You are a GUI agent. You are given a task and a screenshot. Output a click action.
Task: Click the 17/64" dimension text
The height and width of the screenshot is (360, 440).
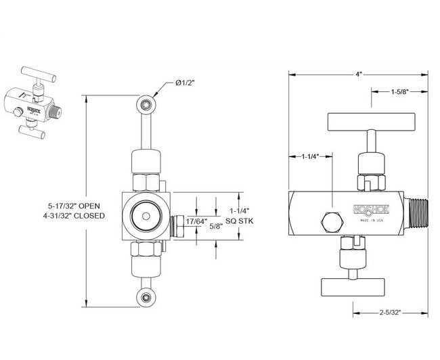click(196, 221)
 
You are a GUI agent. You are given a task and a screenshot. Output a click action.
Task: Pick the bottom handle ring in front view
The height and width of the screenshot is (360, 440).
click(145, 297)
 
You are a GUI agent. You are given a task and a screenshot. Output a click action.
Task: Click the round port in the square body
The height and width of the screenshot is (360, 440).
click(144, 214)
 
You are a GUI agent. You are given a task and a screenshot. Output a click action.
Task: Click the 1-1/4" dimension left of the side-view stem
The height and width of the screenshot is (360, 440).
click(311, 156)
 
